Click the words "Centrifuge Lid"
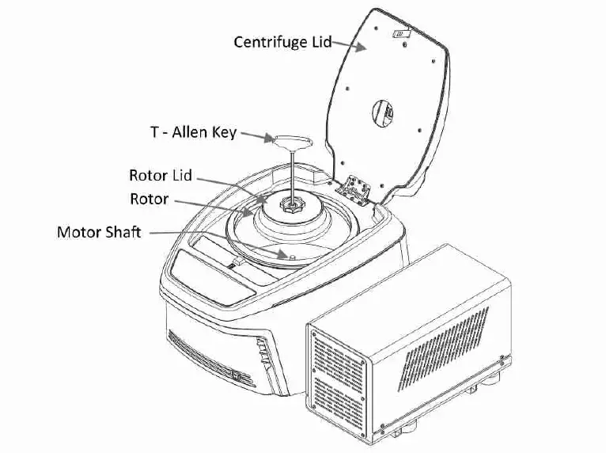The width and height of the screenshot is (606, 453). click(282, 41)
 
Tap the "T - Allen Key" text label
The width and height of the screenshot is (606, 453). click(193, 132)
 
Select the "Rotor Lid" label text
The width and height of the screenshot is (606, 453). click(161, 175)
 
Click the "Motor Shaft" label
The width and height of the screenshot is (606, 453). click(99, 233)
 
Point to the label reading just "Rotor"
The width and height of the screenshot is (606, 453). click(149, 198)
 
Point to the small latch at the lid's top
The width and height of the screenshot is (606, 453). click(401, 34)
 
